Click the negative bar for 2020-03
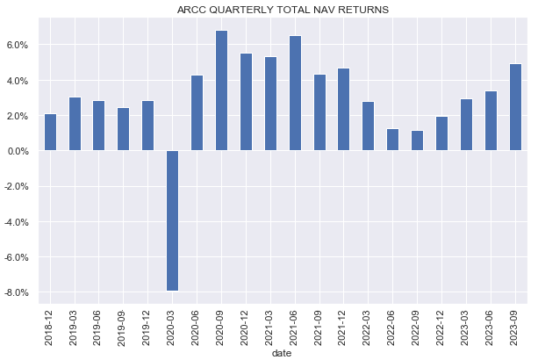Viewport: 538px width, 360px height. [172, 220]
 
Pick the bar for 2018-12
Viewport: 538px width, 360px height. [50, 133]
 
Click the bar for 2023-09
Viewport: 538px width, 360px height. [515, 107]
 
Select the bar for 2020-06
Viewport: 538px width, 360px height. [197, 113]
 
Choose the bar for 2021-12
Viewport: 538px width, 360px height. [344, 110]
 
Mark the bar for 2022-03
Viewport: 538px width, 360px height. [369, 126]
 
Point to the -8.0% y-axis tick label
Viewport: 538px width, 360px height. [18, 292]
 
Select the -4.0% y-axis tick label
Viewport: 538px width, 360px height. [18, 222]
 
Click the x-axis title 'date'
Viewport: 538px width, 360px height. [283, 353]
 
